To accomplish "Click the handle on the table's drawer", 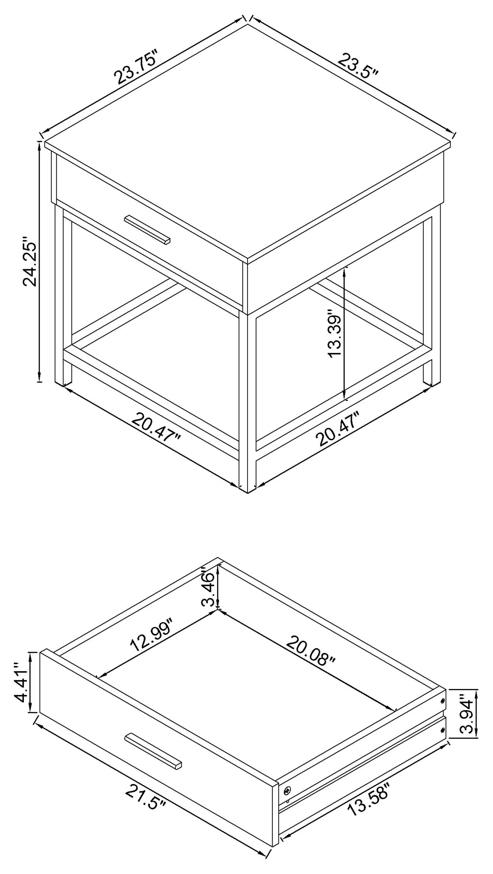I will click(x=147, y=230).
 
